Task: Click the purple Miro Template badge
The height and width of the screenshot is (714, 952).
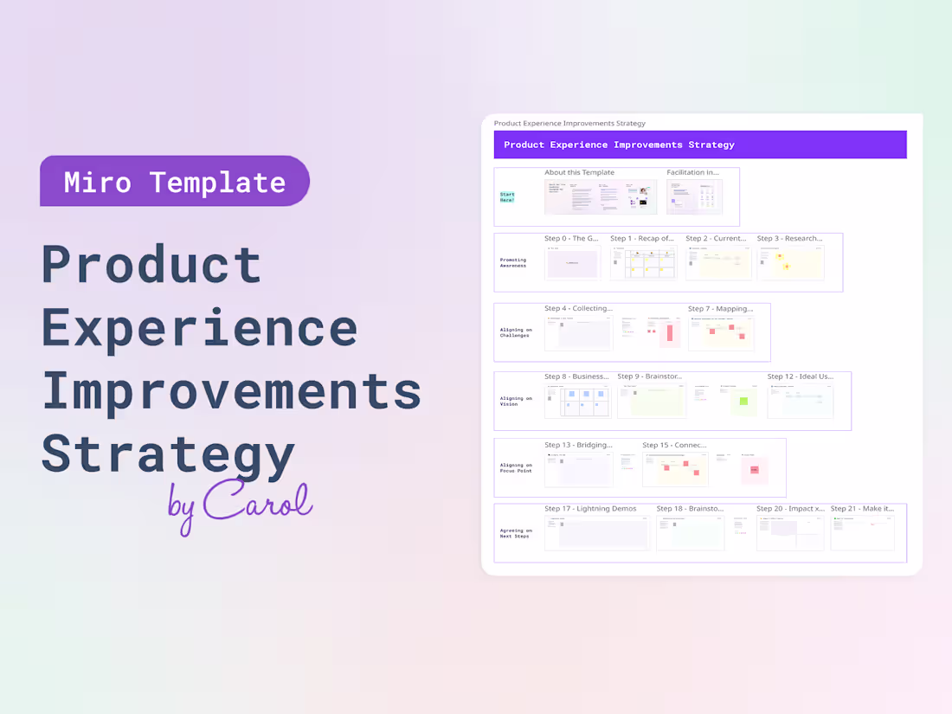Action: [174, 182]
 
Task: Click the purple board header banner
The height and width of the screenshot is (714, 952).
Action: [699, 145]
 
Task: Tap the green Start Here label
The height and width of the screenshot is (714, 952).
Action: [507, 197]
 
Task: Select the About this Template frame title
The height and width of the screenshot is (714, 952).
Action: [579, 172]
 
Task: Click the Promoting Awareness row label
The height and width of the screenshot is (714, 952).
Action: [512, 262]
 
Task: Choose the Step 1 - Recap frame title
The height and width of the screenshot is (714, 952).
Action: [641, 238]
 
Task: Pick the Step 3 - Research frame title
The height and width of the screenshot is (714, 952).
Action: [789, 238]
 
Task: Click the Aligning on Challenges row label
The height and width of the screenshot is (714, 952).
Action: [516, 332]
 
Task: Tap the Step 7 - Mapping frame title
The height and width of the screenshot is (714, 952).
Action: [720, 308]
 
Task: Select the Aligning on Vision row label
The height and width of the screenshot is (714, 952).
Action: [516, 402]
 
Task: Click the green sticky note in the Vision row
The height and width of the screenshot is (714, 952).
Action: [743, 401]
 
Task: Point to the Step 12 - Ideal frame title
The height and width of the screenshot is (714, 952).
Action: [800, 376]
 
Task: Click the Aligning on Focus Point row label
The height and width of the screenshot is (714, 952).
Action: [516, 467]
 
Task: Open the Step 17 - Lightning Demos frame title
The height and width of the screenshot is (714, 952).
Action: [589, 509]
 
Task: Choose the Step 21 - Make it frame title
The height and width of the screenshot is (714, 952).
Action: [862, 509]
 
